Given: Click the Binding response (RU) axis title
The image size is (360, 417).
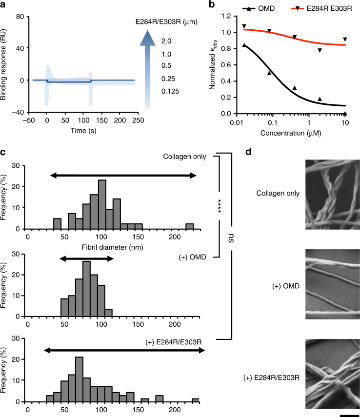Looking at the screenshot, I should [5, 63].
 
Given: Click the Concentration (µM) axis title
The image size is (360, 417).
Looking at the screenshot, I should [280, 132].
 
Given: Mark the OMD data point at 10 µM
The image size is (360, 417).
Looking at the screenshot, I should [345, 113].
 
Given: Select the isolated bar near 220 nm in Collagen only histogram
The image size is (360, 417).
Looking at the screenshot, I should [189, 226].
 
